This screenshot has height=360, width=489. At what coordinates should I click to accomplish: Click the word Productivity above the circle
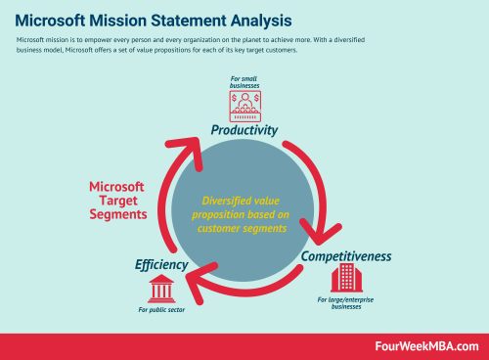point(244,130)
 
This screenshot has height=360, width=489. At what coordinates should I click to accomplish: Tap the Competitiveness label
point(346,256)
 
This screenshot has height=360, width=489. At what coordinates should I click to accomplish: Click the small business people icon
point(245,106)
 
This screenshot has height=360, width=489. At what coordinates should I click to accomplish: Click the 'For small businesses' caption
point(245,80)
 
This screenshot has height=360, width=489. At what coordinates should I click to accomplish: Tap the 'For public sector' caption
point(161,310)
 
